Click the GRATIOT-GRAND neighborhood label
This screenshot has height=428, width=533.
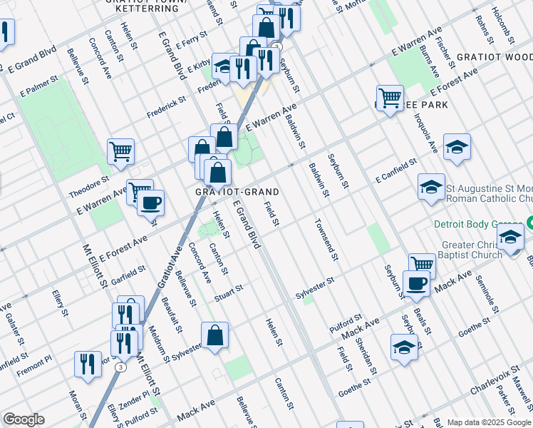[237, 193]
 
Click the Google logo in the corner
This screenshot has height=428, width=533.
[24, 419]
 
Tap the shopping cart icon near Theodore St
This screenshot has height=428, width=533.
[120, 151]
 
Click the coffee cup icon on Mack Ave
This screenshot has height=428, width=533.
[417, 282]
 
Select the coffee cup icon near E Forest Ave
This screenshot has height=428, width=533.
[150, 203]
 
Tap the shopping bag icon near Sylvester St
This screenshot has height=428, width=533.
[214, 335]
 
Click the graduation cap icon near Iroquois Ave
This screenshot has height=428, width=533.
[456, 147]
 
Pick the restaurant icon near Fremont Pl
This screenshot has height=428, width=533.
[88, 363]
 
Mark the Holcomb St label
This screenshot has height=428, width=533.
[498, 24]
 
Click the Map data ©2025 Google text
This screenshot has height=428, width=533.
[489, 422]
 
